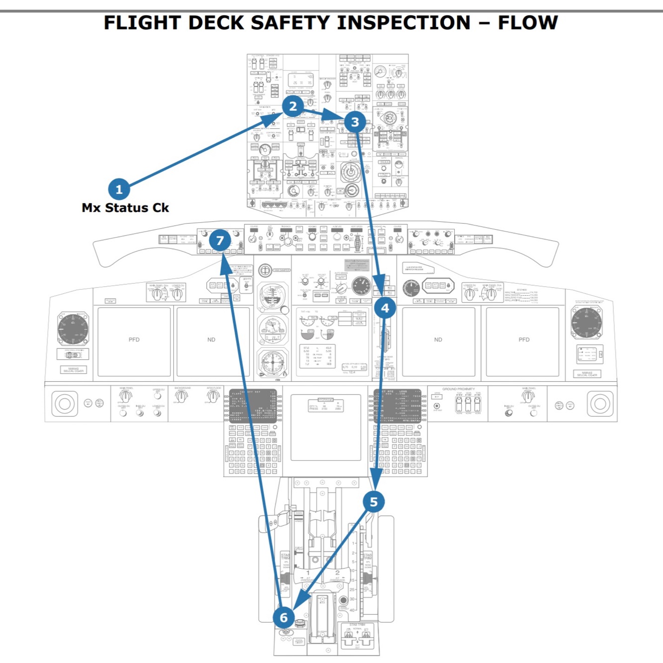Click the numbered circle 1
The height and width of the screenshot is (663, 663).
coord(119,189)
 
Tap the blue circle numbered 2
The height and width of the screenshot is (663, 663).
coord(293,106)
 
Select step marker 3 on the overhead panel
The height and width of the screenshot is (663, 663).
coord(355,122)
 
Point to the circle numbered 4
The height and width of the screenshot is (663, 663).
coord(385,308)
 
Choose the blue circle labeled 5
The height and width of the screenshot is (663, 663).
coord(374,502)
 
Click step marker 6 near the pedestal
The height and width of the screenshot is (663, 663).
coord(284,617)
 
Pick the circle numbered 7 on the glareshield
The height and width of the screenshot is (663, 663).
coord(220,241)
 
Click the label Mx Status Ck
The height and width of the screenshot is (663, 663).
coord(125,208)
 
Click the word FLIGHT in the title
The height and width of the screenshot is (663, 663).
coord(142,23)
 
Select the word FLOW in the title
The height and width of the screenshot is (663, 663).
coord(528,23)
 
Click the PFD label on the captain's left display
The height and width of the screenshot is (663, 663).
coord(134,340)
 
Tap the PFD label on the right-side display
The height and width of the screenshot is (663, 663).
coord(524,340)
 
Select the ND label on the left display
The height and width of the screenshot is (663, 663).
coord(211,340)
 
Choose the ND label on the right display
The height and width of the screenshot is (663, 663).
coord(438,340)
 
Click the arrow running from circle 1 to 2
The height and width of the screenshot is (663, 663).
coord(199,151)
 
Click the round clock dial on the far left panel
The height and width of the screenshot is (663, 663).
coord(73,329)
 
